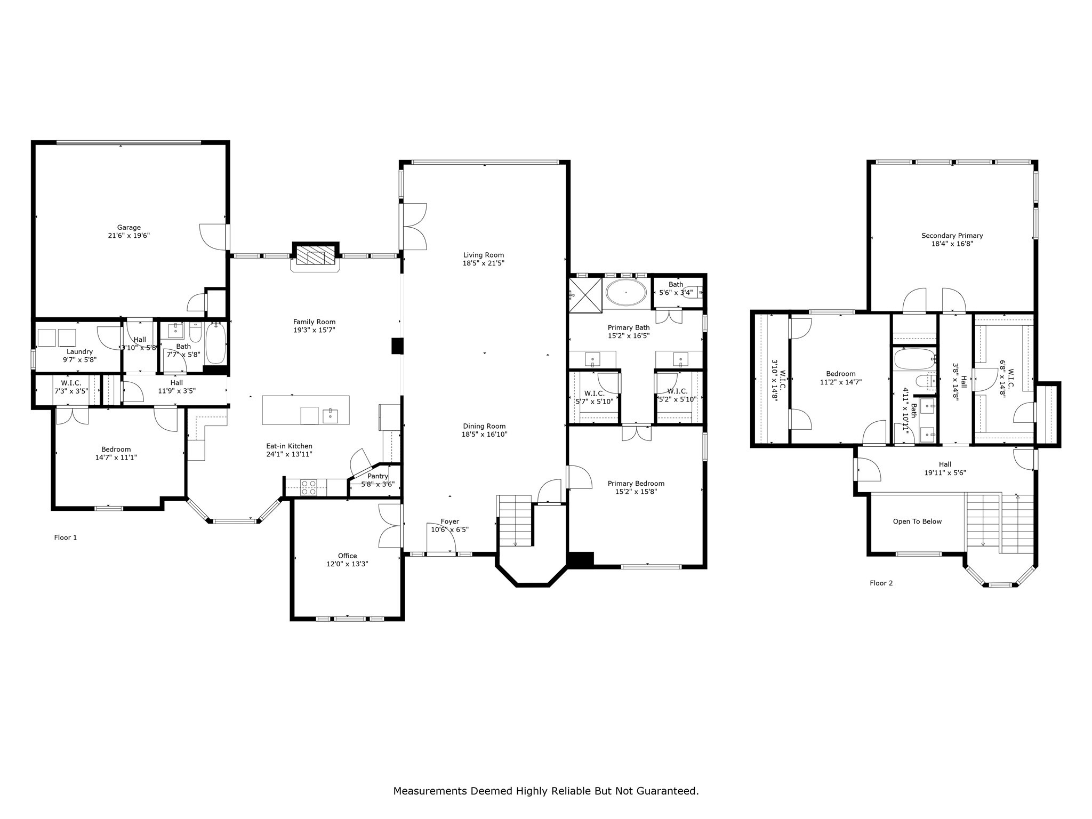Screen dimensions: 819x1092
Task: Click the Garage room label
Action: pos(129,228)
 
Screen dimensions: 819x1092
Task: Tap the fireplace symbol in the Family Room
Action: pos(316,255)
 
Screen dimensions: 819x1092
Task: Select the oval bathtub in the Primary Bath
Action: pos(626,293)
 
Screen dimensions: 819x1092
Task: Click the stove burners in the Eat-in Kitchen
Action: pos(309,487)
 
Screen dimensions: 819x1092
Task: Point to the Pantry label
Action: pos(378,476)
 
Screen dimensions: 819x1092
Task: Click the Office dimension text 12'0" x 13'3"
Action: pos(347,564)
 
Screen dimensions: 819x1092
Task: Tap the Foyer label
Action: pos(449,521)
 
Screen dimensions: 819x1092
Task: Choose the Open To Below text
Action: pos(917,521)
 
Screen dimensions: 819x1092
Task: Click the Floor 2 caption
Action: pos(881,583)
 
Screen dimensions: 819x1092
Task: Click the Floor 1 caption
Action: pos(66,537)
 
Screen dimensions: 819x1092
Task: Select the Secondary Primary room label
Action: pos(952,236)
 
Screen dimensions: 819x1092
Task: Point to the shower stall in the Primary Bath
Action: pos(585,294)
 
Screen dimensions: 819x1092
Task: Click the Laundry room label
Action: pos(79,351)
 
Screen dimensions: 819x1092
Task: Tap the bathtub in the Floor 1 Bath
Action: pos(216,342)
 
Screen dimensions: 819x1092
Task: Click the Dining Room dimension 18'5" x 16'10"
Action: pos(484,435)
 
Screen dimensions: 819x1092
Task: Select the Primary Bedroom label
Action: pos(636,484)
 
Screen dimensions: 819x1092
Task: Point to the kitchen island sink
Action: pos(330,415)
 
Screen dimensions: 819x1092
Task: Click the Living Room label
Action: pos(483,255)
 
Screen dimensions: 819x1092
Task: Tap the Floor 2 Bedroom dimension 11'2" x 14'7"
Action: pos(840,382)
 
